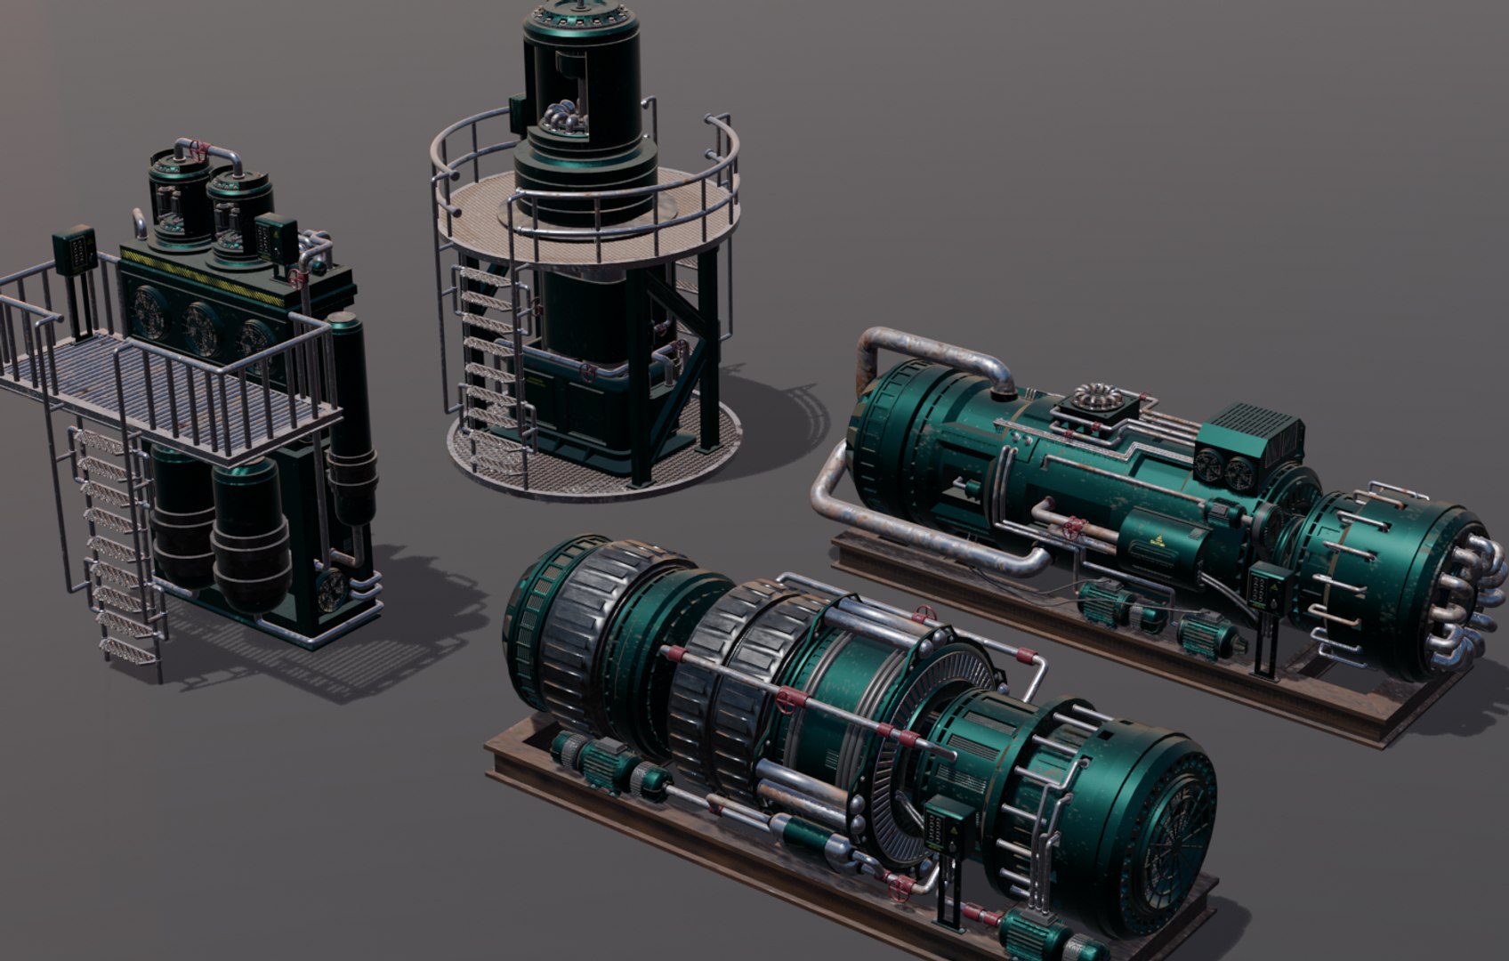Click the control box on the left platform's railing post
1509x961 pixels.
(74, 250)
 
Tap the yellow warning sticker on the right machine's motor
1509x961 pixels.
(1161, 538)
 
